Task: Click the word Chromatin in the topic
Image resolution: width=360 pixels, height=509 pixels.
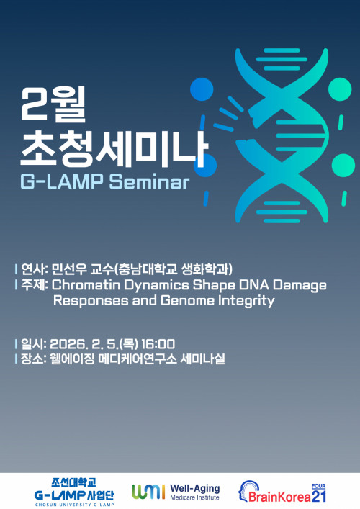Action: point(85,285)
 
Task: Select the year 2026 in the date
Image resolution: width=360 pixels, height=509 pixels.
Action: point(71,343)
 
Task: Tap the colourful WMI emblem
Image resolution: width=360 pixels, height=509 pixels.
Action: point(148,492)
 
